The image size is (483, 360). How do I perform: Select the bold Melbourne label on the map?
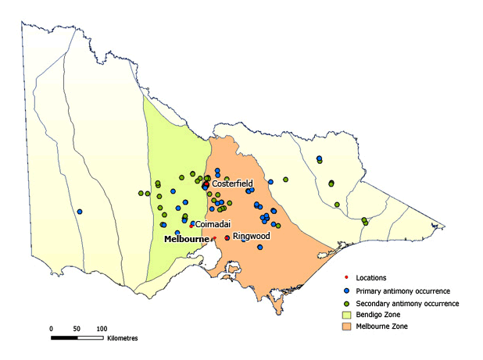[186, 239]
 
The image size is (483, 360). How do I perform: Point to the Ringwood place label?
[251, 235]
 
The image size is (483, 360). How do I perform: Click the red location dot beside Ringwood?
[227, 237]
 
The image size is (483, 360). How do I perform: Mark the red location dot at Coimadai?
[191, 226]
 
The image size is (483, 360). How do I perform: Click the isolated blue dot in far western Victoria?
[79, 212]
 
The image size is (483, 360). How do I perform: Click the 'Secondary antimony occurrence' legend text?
[407, 302]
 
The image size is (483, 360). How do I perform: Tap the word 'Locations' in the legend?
[371, 277]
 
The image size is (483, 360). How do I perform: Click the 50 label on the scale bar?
[77, 329]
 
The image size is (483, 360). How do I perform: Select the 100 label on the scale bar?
[102, 329]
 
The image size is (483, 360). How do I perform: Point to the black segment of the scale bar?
[64, 338]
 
